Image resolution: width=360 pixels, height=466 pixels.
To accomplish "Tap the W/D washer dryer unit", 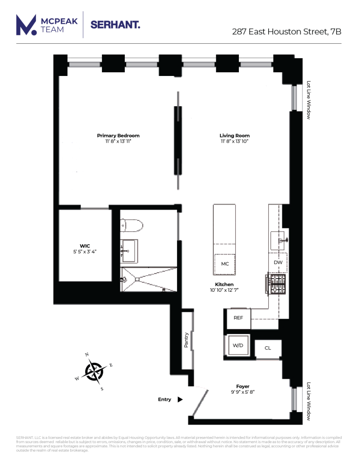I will (x=238, y=346).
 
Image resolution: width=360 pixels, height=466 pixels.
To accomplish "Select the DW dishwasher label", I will (x=278, y=262).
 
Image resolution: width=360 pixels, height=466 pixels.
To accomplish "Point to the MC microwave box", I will (x=225, y=264).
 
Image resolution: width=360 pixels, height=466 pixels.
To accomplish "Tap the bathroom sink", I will (x=129, y=250).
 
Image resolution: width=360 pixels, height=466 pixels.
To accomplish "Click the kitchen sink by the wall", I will (x=279, y=240).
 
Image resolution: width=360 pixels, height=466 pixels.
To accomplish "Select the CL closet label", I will (x=268, y=348).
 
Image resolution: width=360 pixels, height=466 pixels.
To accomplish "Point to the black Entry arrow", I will (x=180, y=399).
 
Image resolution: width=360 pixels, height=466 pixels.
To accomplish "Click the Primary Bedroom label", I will (x=118, y=136).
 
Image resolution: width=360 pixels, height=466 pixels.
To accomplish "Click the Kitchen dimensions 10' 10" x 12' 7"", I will (x=224, y=290).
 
